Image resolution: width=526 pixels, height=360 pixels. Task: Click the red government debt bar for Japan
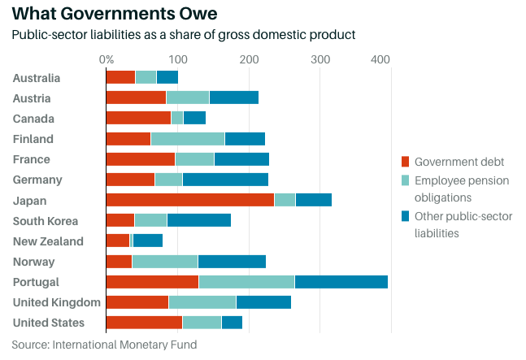[190, 200]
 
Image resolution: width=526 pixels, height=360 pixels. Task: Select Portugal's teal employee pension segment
[246, 282]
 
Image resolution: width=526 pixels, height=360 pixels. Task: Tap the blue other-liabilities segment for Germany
[225, 180]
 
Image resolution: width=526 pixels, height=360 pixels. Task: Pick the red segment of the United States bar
[144, 323]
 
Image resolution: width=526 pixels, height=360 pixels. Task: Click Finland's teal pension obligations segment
[188, 139]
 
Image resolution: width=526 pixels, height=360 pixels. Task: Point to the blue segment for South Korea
[198, 220]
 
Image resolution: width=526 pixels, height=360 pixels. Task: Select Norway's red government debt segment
[119, 262]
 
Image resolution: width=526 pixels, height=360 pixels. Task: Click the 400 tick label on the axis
[380, 59]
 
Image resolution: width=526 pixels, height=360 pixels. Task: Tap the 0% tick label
[107, 59]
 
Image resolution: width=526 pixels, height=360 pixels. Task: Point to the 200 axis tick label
[249, 59]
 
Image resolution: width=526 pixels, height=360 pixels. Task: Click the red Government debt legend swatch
[406, 161]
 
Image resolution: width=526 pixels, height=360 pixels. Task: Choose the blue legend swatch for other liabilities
[406, 216]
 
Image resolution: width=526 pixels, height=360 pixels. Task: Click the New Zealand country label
[48, 241]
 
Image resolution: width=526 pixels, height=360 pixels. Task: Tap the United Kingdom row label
[57, 302]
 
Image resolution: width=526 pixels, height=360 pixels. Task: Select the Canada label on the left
[33, 119]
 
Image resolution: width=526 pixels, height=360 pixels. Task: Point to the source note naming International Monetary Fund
[104, 345]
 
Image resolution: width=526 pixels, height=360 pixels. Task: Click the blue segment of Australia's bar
[167, 77]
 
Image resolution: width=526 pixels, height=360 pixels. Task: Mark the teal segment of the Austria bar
[187, 98]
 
